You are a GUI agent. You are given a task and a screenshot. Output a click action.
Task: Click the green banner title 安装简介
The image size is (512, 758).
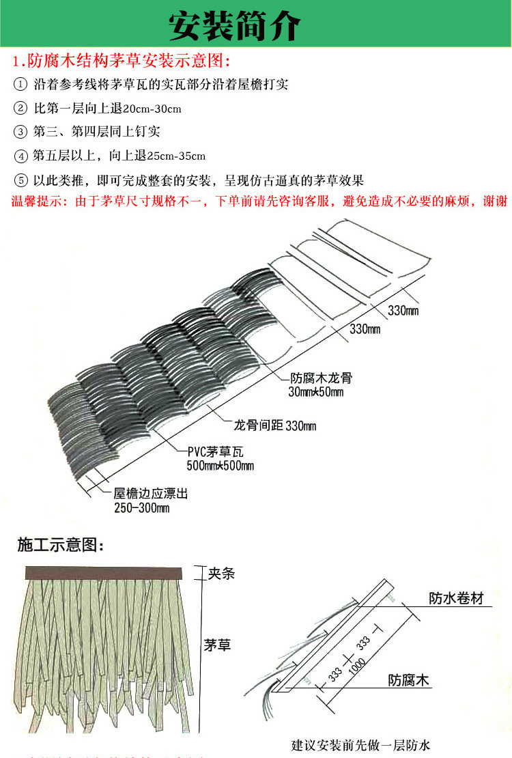pos(235,26)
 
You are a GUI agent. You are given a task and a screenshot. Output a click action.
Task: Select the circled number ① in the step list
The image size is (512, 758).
pos(20,85)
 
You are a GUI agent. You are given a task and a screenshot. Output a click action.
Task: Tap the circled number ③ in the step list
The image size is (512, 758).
pos(20,132)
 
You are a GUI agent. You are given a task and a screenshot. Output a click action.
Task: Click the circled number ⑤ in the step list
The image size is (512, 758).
pos(20,180)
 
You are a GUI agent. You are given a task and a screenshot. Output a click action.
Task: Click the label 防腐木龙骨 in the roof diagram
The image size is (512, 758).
pos(321,378)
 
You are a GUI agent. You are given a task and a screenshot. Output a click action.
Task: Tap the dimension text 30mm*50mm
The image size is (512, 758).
pos(315,392)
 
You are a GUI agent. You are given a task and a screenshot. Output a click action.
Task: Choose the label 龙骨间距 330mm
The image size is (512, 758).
pos(275,426)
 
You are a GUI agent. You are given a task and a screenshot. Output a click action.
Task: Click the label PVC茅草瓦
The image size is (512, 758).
pos(215,452)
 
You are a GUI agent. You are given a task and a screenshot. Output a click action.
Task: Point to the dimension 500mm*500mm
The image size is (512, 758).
pos(220,466)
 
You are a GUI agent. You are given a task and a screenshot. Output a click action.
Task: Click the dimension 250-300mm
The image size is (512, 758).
pos(142,508)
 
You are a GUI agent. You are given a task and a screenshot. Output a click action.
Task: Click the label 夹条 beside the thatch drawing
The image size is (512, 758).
pos(221,574)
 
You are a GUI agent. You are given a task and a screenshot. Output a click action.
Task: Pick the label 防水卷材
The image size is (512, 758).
pos(456,598)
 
